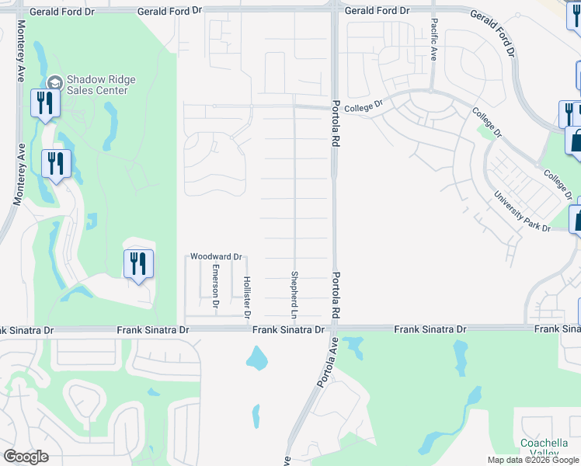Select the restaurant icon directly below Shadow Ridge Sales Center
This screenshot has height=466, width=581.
click(x=43, y=103)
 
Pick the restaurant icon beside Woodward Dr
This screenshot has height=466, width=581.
click(x=138, y=264)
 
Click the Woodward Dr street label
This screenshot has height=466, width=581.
click(x=217, y=256)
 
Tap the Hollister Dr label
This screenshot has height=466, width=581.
click(x=246, y=297)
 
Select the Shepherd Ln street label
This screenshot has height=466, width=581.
click(x=295, y=295)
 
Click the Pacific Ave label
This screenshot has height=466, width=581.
click(x=433, y=40)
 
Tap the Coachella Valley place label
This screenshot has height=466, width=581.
click(x=544, y=448)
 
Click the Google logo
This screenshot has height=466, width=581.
click(x=26, y=457)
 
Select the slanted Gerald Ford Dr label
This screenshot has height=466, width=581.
click(x=492, y=33)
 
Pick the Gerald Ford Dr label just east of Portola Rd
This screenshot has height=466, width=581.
click(x=377, y=11)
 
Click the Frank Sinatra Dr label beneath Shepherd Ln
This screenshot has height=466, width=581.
click(x=288, y=330)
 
